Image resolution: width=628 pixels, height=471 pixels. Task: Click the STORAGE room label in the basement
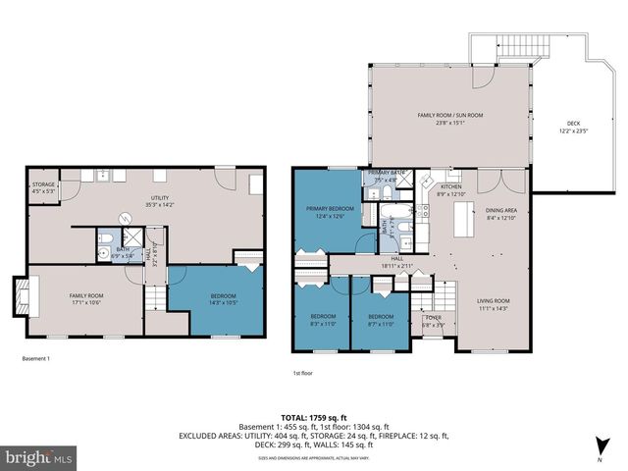click(43, 187)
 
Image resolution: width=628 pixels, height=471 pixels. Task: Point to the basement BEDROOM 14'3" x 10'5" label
click(224, 299)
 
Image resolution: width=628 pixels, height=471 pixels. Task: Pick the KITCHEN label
click(450, 190)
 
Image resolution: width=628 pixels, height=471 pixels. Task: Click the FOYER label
click(433, 319)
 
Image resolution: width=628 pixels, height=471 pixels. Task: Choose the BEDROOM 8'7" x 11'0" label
click(381, 320)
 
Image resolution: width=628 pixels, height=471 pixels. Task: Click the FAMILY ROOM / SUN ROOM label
click(450, 119)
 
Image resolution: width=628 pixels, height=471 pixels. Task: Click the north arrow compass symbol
click(601, 448)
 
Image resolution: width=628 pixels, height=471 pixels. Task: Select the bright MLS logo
click(38, 456)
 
